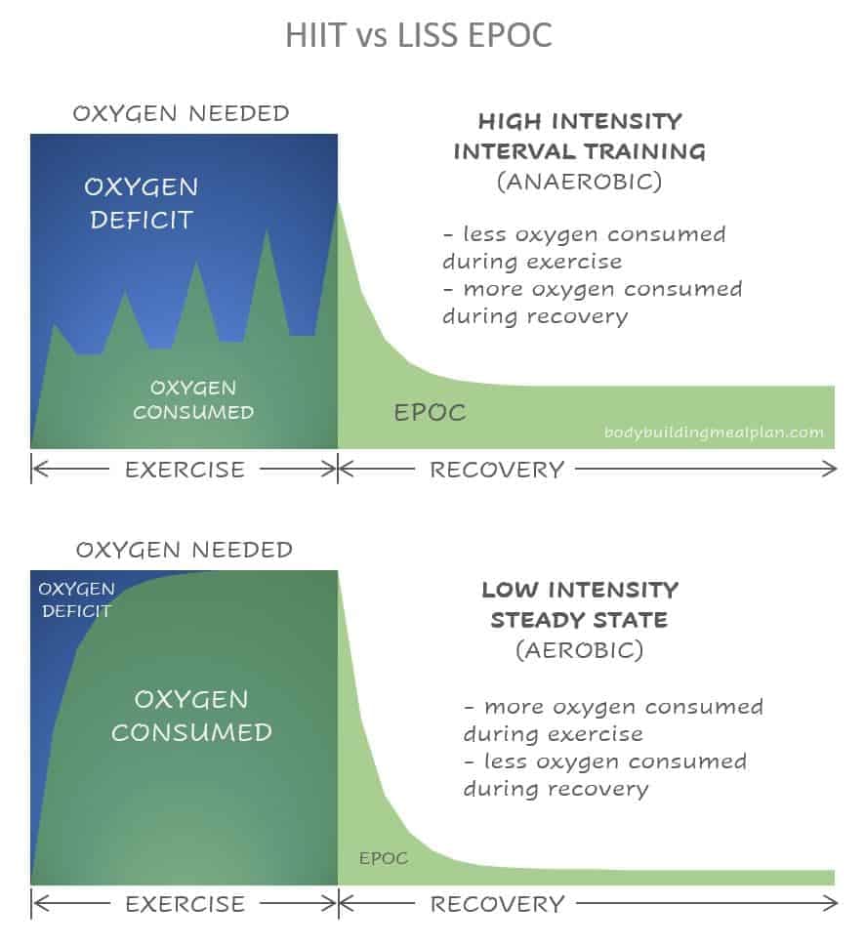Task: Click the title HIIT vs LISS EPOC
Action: (x=419, y=35)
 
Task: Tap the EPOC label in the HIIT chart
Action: (x=430, y=413)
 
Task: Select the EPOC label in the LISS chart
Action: (x=384, y=858)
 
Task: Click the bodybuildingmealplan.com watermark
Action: (x=714, y=432)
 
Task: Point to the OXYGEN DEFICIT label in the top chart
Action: (x=142, y=203)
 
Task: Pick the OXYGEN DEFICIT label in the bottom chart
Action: (x=76, y=599)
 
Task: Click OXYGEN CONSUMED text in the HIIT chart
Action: (x=193, y=400)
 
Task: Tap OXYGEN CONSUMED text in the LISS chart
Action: (x=191, y=716)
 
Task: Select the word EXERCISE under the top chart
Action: (x=185, y=470)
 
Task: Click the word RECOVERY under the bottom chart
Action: (x=497, y=904)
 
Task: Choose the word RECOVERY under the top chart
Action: (x=497, y=470)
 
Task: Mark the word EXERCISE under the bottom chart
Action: (x=185, y=904)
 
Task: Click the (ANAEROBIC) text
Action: (x=579, y=182)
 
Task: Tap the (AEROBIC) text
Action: (x=579, y=650)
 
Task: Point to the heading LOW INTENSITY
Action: (x=580, y=590)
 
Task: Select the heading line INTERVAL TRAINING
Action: (x=579, y=151)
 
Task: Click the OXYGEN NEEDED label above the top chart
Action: (x=181, y=113)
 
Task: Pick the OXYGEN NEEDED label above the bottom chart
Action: (x=185, y=550)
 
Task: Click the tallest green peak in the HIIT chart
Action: (x=338, y=203)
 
